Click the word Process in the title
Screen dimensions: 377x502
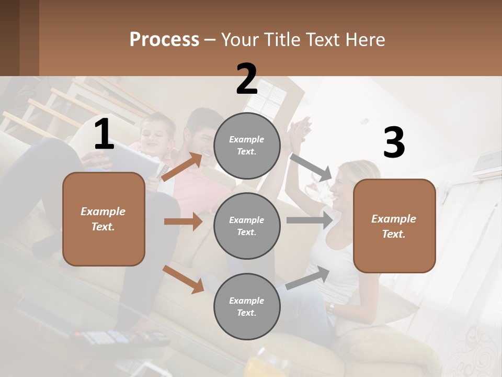[x=164, y=40]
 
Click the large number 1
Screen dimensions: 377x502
[x=104, y=135]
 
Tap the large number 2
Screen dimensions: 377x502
[x=247, y=79]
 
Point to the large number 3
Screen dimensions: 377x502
[x=394, y=143]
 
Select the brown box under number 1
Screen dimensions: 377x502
[x=104, y=219]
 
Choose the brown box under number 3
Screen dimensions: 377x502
[x=394, y=226]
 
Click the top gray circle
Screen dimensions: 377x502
[x=247, y=146]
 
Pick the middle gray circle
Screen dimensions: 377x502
[x=247, y=226]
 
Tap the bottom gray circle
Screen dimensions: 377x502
[x=247, y=306]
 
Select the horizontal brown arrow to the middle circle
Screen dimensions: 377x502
[x=183, y=221]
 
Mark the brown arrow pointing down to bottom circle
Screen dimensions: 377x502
[x=184, y=279]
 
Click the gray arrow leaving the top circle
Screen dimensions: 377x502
[x=311, y=167]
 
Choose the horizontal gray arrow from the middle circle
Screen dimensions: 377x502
[x=310, y=220]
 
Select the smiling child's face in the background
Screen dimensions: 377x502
[x=155, y=135]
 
